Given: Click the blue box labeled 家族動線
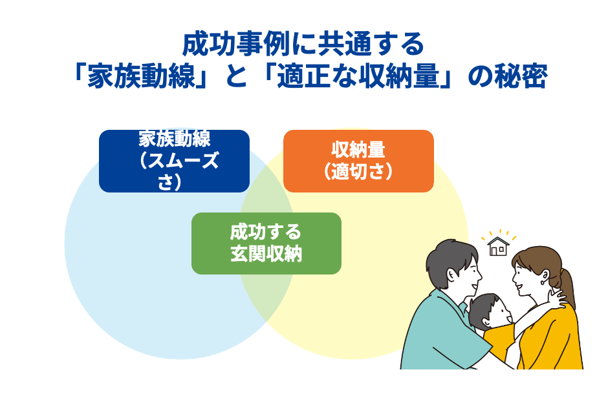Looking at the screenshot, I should tap(174, 161).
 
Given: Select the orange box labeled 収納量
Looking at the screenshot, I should tap(358, 161).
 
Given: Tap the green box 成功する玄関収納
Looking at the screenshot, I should tap(266, 243).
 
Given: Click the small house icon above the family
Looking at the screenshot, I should tap(497, 246).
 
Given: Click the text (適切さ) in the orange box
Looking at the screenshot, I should tap(358, 171).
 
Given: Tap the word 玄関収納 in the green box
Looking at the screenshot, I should tap(266, 253).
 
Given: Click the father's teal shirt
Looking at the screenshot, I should tap(440, 336).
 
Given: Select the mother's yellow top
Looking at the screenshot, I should tap(550, 342).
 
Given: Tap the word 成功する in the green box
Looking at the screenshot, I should tap(266, 232).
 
